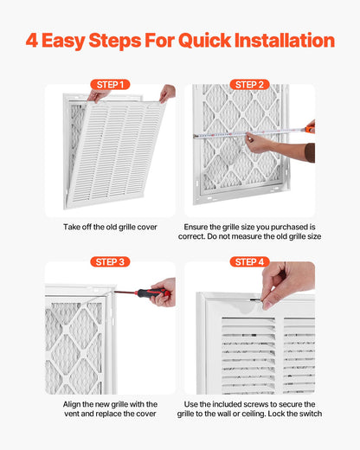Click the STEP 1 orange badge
(x=110, y=85)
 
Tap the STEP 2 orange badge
(x=249, y=85)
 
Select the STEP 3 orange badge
(x=110, y=261)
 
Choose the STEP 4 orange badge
(x=249, y=261)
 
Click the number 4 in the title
(x=32, y=41)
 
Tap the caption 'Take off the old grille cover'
(x=110, y=227)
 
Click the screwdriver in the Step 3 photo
(x=139, y=293)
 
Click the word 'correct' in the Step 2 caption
(x=197, y=235)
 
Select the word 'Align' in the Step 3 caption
(x=74, y=404)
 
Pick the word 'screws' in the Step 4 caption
(x=260, y=404)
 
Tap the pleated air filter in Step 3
(x=74, y=346)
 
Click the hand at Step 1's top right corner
(x=167, y=92)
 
